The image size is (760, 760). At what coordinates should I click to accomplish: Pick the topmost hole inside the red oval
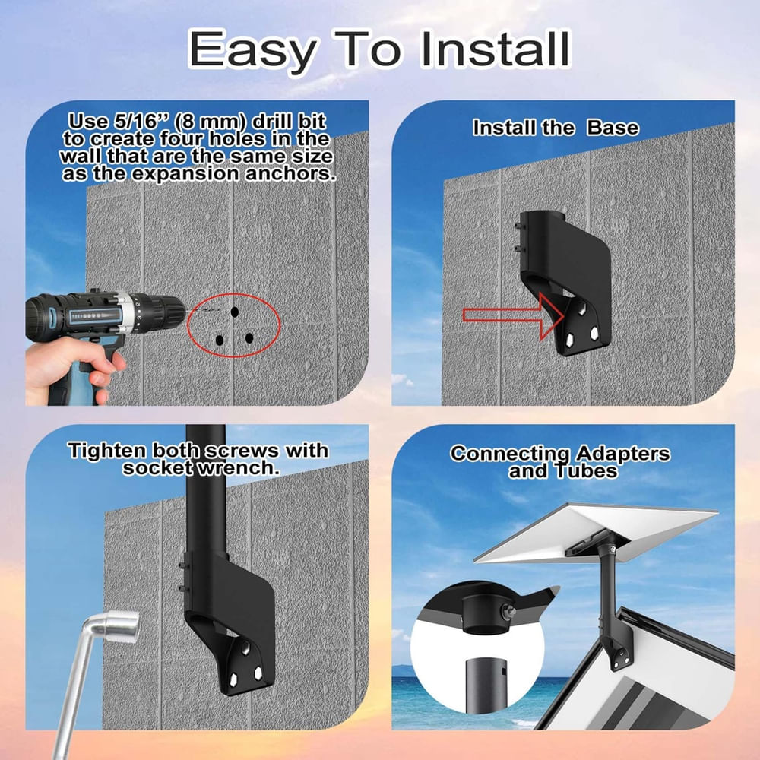point(234,312)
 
